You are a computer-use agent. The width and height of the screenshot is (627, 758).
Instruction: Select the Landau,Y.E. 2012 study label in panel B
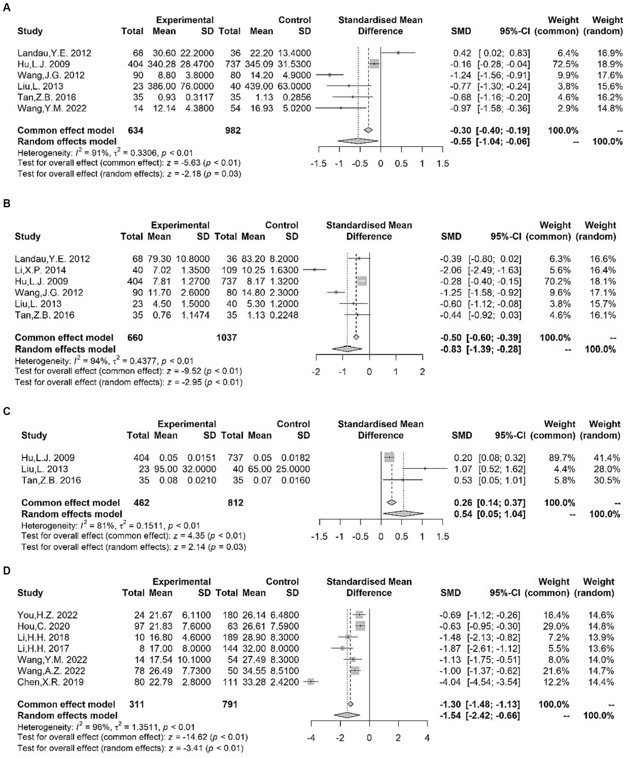tap(52, 259)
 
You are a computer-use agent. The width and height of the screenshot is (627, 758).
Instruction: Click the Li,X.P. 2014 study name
tap(40, 270)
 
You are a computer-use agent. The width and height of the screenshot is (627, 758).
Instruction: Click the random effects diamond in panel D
tap(347, 715)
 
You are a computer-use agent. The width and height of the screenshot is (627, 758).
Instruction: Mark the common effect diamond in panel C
tap(392, 502)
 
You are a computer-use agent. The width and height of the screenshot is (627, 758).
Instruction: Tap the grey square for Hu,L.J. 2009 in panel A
tap(374, 64)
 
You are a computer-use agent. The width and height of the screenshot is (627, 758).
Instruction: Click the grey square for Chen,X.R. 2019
tap(311, 682)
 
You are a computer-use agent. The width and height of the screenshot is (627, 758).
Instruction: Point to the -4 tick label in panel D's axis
tap(311, 738)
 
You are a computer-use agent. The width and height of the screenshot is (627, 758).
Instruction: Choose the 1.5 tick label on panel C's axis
tap(442, 537)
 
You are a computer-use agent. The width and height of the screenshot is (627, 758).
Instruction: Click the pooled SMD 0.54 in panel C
tap(463, 514)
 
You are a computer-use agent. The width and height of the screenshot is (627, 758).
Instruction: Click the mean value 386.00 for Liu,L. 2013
tap(163, 86)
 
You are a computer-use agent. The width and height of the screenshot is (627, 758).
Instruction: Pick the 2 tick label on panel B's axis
tap(422, 372)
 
